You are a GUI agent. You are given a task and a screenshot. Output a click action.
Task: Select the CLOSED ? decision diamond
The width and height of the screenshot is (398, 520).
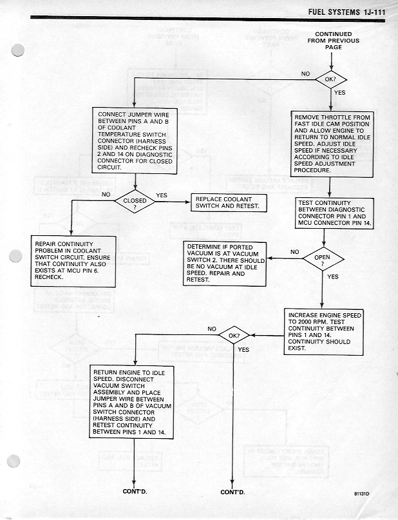[135, 203]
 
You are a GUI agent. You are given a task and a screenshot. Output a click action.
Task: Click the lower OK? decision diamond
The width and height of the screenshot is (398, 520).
[234, 336]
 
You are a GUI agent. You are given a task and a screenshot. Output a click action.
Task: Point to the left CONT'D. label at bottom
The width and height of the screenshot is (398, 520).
[135, 492]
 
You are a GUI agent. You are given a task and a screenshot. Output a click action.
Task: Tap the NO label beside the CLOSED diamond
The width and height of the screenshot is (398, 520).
[107, 194]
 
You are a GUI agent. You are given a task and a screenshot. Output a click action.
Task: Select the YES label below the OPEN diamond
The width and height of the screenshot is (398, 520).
[333, 277]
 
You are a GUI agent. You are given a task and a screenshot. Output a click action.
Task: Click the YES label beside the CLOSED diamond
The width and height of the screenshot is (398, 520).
[162, 195]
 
